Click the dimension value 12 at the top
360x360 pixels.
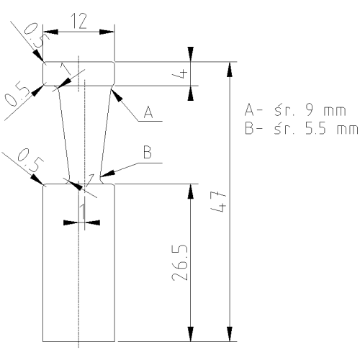(79, 21)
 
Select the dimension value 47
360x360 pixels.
(219, 201)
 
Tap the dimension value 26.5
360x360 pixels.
(179, 263)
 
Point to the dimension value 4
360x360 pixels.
(179, 73)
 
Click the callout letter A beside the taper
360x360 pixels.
(148, 112)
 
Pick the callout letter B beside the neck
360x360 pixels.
(148, 153)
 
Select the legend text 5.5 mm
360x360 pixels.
(331, 128)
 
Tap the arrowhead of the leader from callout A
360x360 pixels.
(116, 95)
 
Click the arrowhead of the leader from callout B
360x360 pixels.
(107, 174)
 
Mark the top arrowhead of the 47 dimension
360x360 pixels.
(230, 70)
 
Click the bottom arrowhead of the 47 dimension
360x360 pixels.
(230, 334)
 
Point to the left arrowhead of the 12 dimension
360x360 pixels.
(50, 32)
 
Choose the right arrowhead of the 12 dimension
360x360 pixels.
(107, 32)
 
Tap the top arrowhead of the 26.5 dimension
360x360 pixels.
(191, 192)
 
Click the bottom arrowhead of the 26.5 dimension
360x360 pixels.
(191, 334)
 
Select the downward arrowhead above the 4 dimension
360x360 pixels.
(191, 54)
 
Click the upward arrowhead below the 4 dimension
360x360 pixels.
(191, 93)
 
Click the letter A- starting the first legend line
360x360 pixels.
(253, 111)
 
